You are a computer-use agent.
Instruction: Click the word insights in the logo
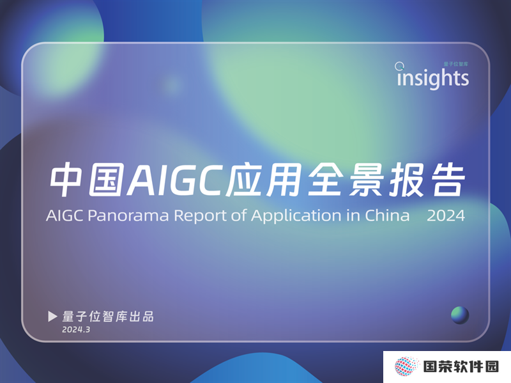(x=433, y=78)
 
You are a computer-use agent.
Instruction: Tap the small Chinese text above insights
(x=455, y=64)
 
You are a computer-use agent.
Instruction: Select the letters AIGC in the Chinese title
(x=176, y=179)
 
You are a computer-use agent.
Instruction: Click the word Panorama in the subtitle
(x=128, y=215)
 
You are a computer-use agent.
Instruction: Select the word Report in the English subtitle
(x=200, y=216)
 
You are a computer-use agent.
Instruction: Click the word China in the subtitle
(x=387, y=215)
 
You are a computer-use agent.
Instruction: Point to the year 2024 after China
(x=446, y=215)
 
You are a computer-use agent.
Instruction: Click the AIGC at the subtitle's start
(x=65, y=215)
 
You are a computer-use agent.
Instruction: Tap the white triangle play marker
(x=52, y=316)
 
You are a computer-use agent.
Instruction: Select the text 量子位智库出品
(x=108, y=317)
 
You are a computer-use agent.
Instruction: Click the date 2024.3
(x=76, y=329)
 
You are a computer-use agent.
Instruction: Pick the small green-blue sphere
(x=460, y=315)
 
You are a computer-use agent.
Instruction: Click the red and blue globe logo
(x=406, y=366)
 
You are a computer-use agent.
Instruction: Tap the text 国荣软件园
(x=461, y=366)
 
